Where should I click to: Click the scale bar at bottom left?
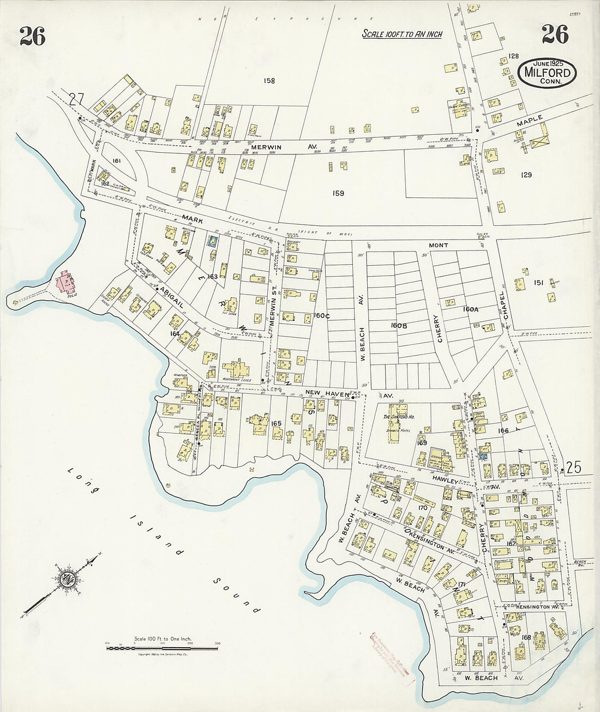pos(162,648)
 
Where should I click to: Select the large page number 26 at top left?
pos(32,36)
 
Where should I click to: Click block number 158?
pos(269,81)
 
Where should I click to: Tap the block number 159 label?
pos(338,193)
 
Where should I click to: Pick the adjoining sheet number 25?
pos(574,467)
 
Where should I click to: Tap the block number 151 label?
pos(538,282)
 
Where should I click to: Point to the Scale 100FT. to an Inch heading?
pos(402,34)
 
